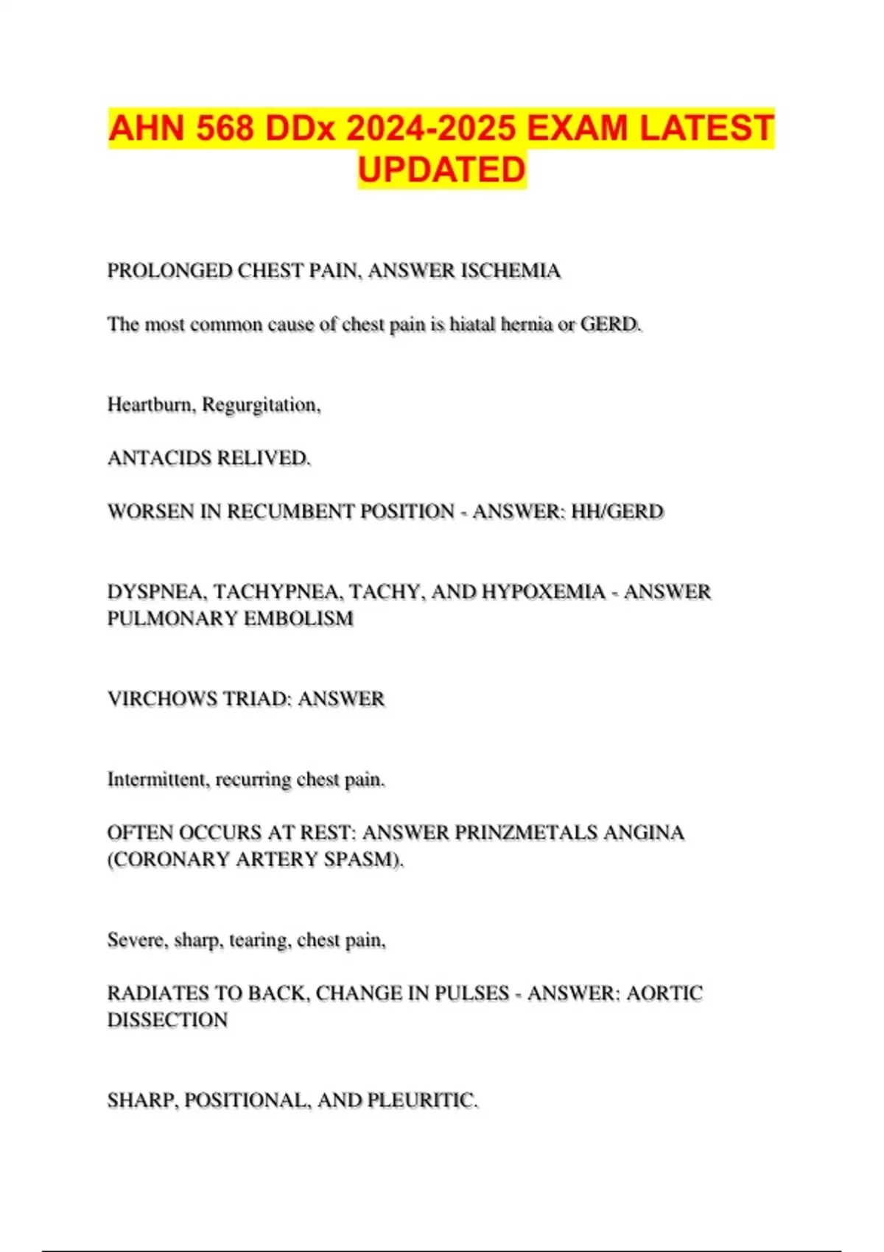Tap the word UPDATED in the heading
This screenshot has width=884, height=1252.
(x=442, y=169)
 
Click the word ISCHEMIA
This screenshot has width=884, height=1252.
(x=511, y=271)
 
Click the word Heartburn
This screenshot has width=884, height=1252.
(x=151, y=405)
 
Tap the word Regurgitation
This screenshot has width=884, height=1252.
(x=261, y=405)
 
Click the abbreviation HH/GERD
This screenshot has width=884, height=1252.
(x=617, y=512)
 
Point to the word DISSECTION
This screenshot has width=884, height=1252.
(x=168, y=1020)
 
